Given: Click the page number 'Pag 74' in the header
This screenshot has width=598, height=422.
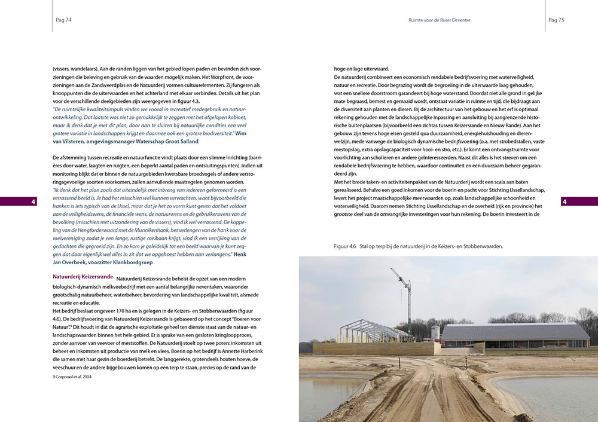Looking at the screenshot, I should tap(63, 20).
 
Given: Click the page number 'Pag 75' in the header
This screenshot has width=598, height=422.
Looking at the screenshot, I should tap(556, 20).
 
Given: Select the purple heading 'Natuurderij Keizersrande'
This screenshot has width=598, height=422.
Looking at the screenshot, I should tap(83, 277).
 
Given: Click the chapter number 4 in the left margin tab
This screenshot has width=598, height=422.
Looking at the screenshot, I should tap(33, 201).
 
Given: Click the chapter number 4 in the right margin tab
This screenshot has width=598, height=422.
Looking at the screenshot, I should tap(564, 201).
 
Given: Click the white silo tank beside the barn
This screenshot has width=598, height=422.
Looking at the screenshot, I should tap(435, 332).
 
